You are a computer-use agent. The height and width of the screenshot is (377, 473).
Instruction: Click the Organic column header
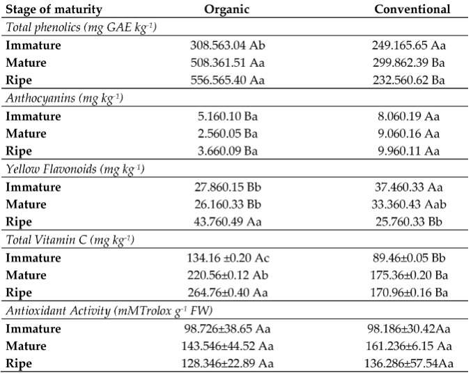click(x=227, y=9)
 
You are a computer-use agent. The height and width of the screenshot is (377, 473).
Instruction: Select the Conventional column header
click(x=412, y=9)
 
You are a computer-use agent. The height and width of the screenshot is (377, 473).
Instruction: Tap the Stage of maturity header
click(x=54, y=10)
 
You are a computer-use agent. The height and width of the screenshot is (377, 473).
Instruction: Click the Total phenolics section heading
click(x=81, y=28)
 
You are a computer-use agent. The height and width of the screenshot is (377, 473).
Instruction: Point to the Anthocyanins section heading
click(x=65, y=99)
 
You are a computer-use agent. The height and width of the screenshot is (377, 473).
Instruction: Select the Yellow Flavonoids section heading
click(x=75, y=169)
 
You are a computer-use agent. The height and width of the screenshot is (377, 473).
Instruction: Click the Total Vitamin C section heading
click(x=70, y=240)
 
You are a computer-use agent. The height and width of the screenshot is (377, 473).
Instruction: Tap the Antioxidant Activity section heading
click(x=109, y=311)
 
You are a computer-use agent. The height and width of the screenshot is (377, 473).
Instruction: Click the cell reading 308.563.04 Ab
click(x=228, y=45)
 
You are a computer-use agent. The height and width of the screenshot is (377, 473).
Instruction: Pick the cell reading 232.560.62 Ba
click(x=409, y=80)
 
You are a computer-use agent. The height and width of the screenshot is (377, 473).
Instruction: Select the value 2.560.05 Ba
click(x=228, y=134)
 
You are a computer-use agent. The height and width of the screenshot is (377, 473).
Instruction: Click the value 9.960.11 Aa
click(x=409, y=151)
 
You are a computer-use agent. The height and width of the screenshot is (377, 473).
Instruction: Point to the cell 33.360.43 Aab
click(x=409, y=204)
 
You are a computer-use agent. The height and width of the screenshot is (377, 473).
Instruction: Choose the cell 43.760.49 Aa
click(x=228, y=222)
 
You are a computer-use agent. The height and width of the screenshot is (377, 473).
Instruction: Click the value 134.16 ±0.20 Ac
click(x=228, y=258)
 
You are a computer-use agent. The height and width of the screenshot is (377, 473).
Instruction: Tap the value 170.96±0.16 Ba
click(x=409, y=293)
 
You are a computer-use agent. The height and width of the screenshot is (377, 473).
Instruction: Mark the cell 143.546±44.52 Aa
click(x=228, y=346)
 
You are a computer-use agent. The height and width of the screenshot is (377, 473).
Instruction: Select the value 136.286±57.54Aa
click(x=409, y=364)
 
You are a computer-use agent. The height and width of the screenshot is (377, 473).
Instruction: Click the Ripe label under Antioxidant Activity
click(x=19, y=364)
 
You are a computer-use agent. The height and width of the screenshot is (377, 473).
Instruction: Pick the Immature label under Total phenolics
click(x=33, y=45)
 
